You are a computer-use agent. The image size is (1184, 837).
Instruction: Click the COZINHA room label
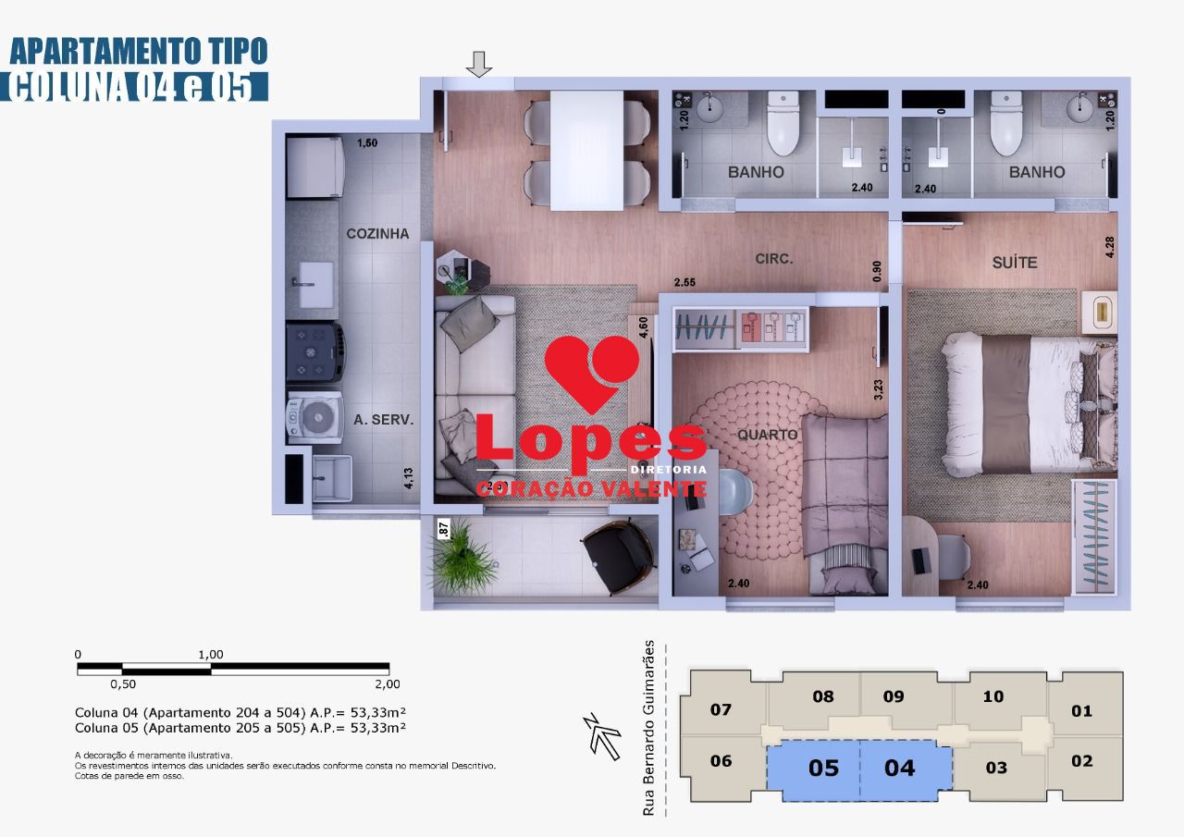click(x=377, y=234)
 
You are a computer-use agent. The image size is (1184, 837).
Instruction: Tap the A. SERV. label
click(x=383, y=419)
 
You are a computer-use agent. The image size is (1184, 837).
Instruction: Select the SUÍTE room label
click(x=1015, y=263)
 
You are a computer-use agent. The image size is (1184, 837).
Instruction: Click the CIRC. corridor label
click(x=773, y=259)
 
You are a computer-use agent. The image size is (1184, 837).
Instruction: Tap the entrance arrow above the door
click(x=478, y=65)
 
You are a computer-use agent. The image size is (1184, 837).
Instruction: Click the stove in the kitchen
click(x=314, y=351)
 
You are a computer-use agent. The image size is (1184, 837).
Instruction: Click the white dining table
click(x=586, y=150)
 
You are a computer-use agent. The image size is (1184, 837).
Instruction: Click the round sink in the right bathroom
click(x=1079, y=109)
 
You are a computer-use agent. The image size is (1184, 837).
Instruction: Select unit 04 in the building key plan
click(x=899, y=768)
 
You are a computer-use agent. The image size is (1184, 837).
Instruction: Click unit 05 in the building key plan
click(x=823, y=768)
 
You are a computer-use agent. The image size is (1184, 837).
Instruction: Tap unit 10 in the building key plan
click(x=993, y=696)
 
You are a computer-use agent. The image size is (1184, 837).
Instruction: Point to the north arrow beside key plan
click(x=605, y=737)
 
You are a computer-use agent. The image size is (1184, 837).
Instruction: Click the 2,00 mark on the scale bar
click(x=388, y=684)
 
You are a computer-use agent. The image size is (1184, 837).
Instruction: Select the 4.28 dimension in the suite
click(x=1110, y=248)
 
